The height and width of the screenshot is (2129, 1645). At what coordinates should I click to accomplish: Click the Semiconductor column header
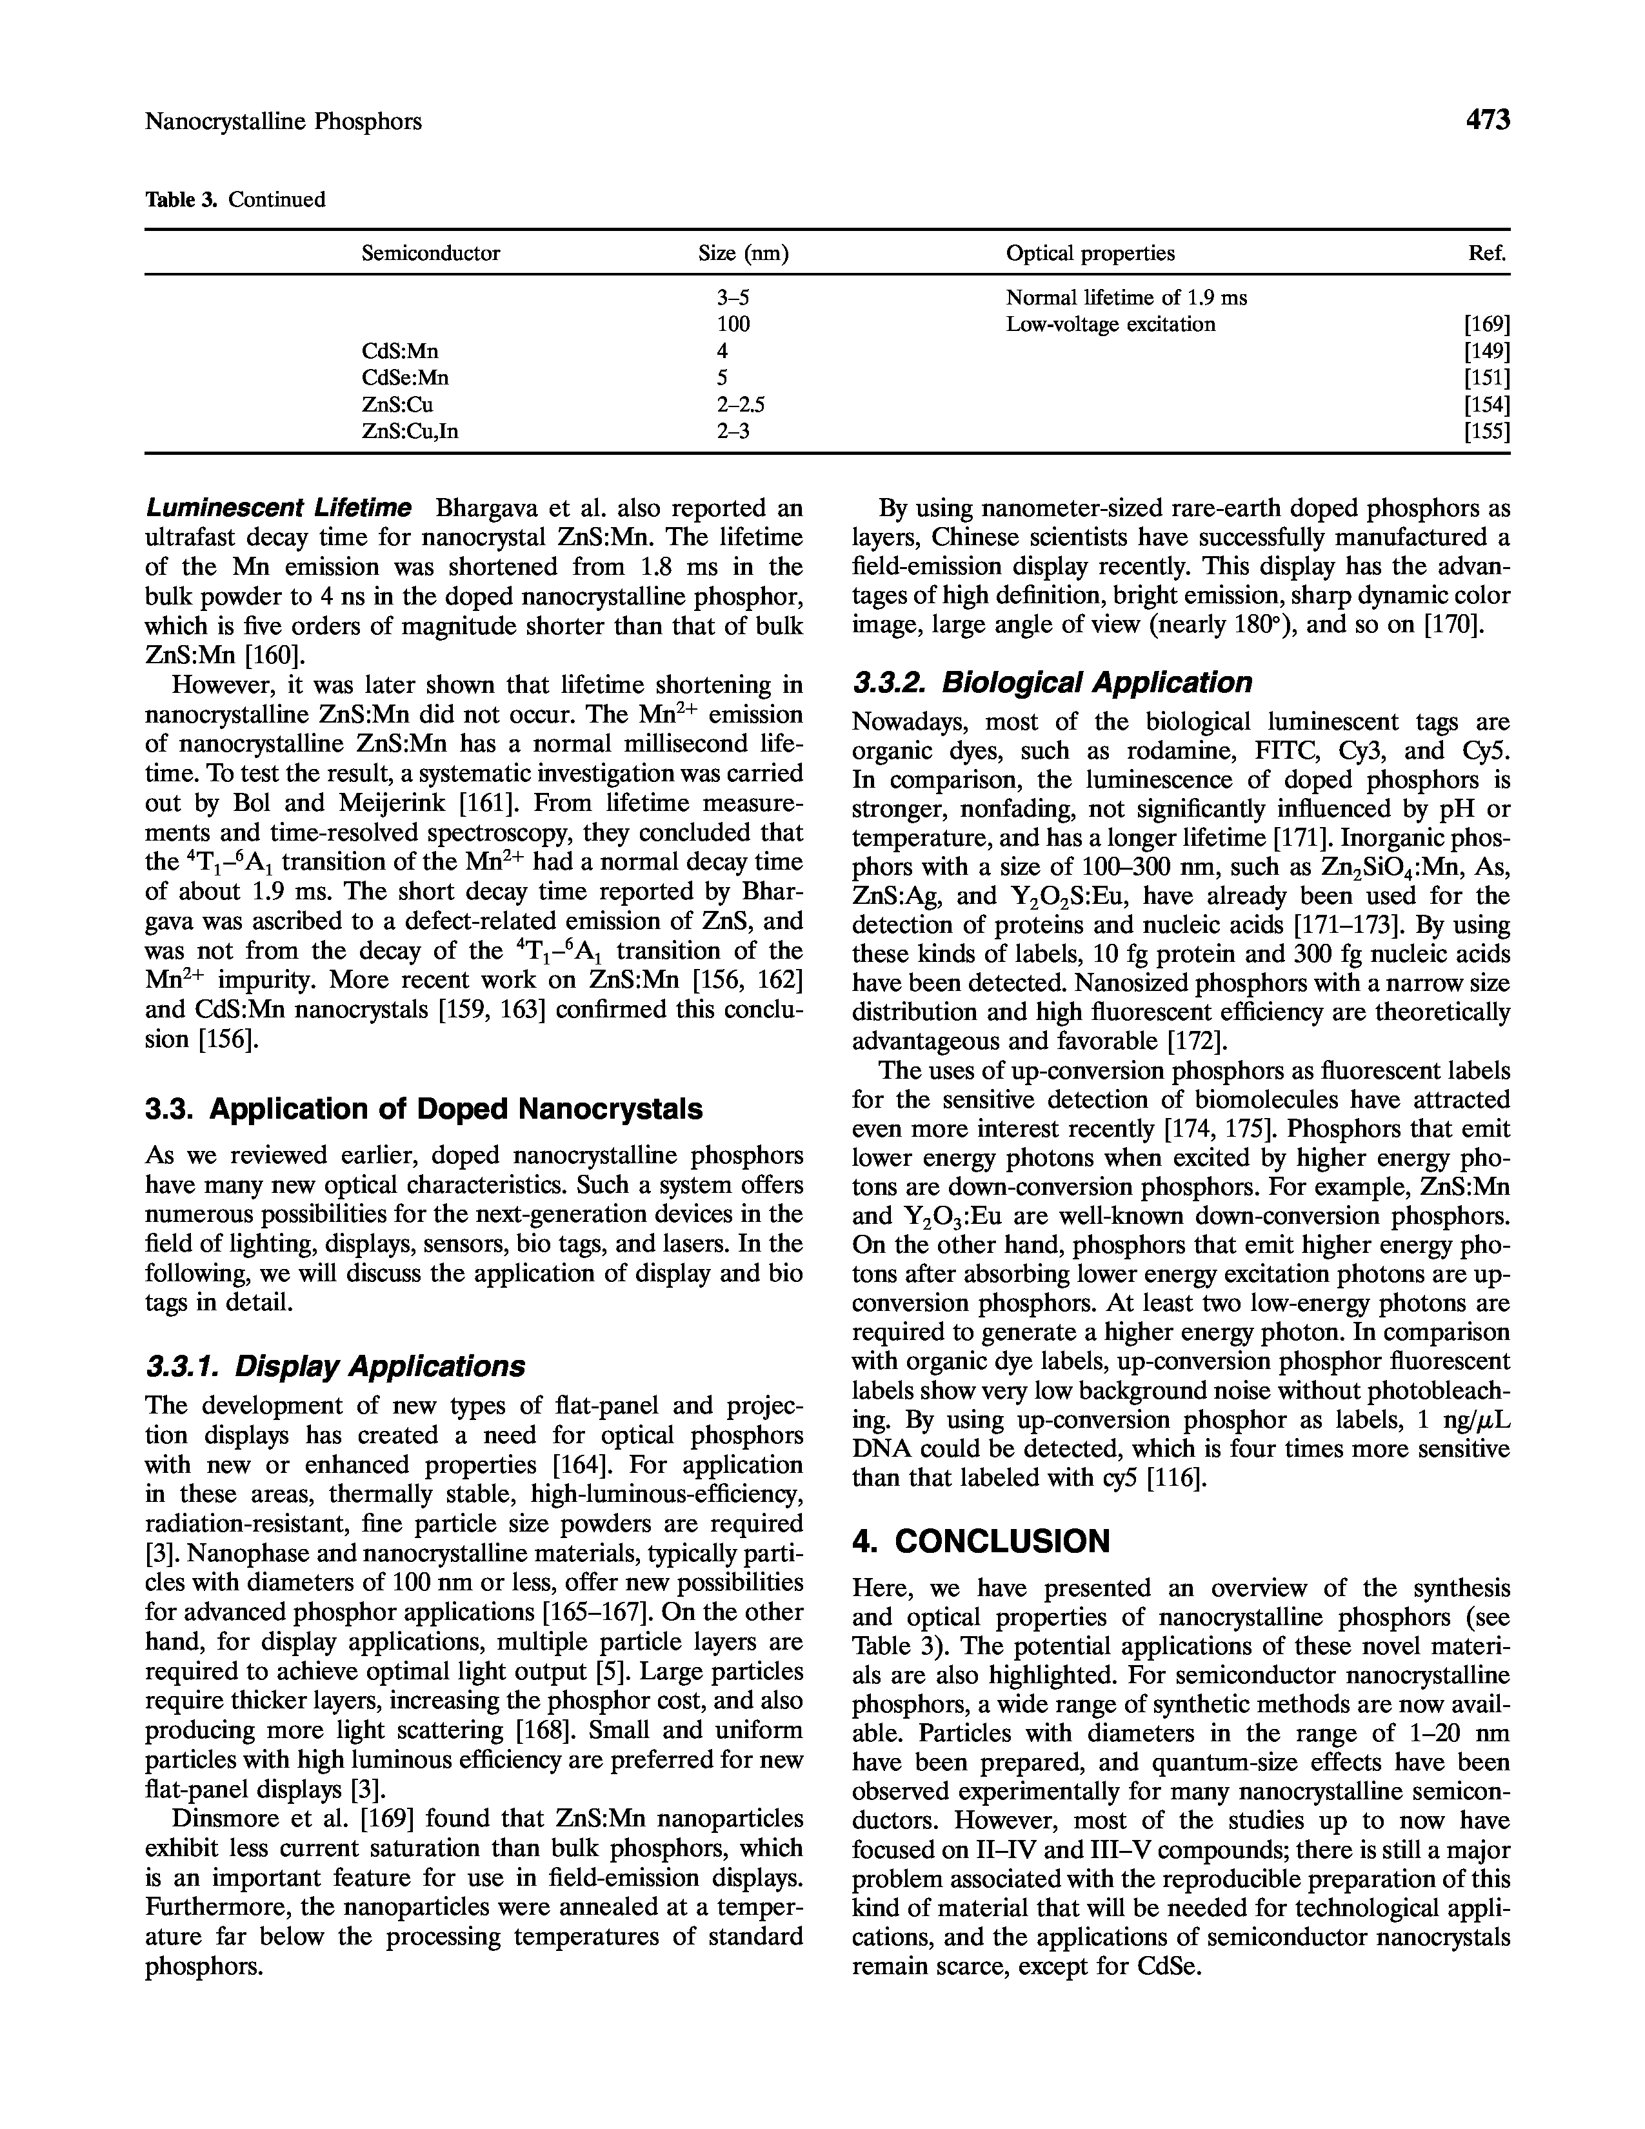(x=431, y=254)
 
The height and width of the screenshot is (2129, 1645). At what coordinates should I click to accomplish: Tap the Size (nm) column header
(x=743, y=254)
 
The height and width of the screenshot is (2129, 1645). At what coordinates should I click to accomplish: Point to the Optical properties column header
(x=1090, y=254)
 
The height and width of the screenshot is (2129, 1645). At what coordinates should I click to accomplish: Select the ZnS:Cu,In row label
(x=409, y=431)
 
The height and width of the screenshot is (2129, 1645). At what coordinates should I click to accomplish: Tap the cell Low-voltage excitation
(x=1110, y=325)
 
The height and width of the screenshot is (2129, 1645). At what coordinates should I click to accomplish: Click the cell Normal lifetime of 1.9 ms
(x=1126, y=297)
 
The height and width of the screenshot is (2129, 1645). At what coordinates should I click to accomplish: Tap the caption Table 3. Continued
(x=235, y=200)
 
